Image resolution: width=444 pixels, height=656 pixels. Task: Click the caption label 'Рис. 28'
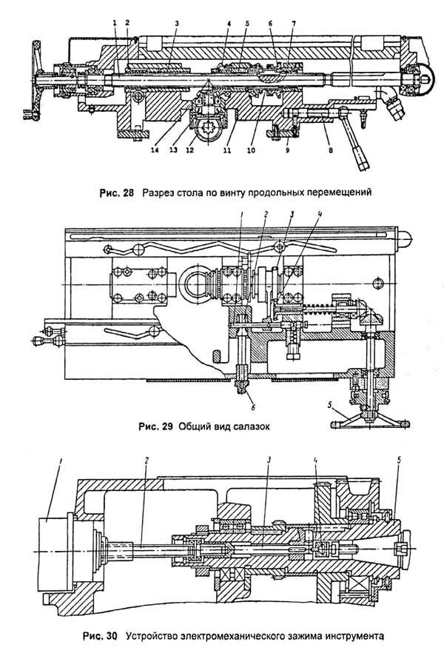click(117, 194)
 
